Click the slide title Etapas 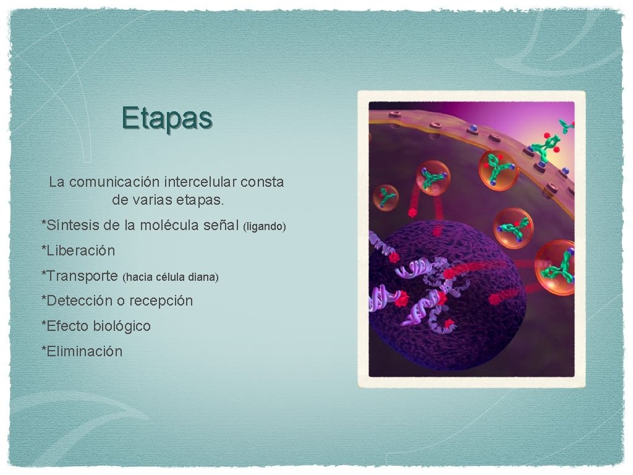[x=168, y=117]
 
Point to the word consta [x=262, y=182]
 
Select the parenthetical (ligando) [x=266, y=227]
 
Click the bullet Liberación [x=81, y=251]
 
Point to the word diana [x=203, y=277]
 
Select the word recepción [x=161, y=301]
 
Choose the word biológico [x=123, y=326]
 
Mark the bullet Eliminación [x=85, y=351]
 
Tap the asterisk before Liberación [x=44, y=250]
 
